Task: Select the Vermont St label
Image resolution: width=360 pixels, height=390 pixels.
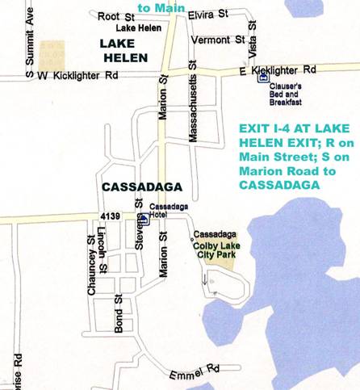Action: pyautogui.click(x=217, y=39)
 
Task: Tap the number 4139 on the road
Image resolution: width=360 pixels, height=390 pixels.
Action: pyautogui.click(x=111, y=216)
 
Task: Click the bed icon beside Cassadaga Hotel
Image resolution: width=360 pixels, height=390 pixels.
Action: pyautogui.click(x=144, y=217)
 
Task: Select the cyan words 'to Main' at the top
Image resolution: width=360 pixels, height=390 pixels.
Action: pyautogui.click(x=156, y=7)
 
